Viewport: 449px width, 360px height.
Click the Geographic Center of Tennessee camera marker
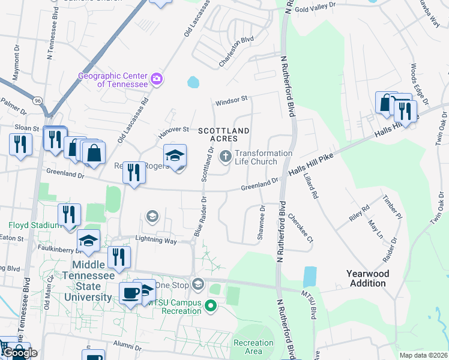click(x=157, y=79)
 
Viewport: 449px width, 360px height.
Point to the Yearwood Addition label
click(x=367, y=278)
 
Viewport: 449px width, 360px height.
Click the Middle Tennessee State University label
click(x=92, y=281)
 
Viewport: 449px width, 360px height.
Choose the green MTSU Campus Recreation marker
click(x=210, y=307)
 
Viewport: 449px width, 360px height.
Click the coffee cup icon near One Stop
click(x=131, y=293)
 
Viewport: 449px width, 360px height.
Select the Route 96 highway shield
click(x=38, y=100)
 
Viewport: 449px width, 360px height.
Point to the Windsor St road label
click(x=231, y=99)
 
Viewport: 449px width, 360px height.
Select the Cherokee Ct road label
click(x=301, y=227)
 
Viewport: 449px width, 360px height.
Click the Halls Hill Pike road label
click(x=310, y=164)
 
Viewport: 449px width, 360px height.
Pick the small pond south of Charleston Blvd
click(x=193, y=82)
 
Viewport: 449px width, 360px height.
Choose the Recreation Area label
click(x=253, y=347)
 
